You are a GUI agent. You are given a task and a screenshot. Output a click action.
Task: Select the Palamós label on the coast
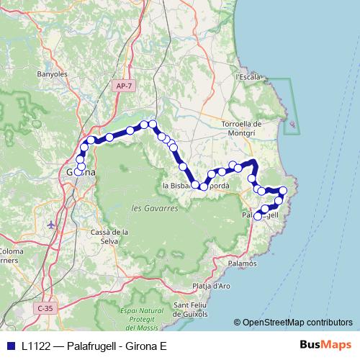tap(242, 264)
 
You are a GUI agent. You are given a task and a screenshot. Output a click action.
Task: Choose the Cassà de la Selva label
tap(109, 236)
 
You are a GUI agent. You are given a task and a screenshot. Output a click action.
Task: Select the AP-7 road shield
tap(123, 86)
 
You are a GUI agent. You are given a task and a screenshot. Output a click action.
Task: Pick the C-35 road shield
tap(45, 308)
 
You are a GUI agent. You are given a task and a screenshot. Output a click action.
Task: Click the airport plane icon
tap(50, 224)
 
